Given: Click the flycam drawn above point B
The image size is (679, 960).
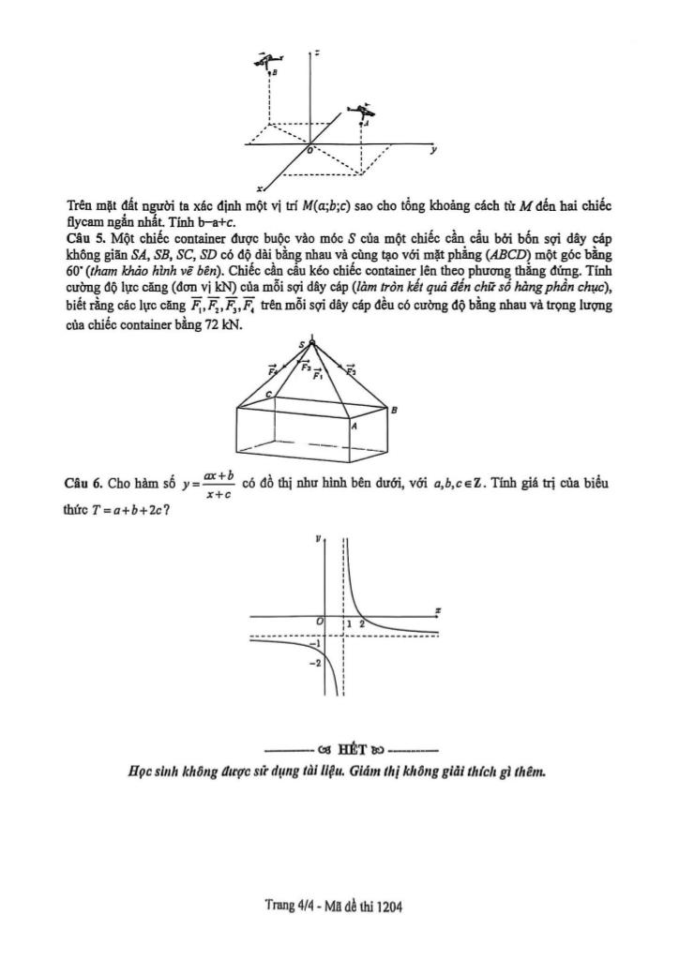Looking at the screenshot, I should click(x=270, y=59).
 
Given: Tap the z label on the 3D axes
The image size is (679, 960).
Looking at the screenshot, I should click(x=320, y=53).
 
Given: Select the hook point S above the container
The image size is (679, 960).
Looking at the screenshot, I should click(x=303, y=345).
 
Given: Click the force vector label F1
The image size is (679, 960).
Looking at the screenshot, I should click(x=319, y=375).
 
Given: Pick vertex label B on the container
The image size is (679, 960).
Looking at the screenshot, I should click(x=394, y=411).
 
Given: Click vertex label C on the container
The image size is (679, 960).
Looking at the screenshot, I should click(x=270, y=397).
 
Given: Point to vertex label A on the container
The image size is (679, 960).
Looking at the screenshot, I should click(x=354, y=425).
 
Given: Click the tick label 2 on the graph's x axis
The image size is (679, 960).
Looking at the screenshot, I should click(x=362, y=623).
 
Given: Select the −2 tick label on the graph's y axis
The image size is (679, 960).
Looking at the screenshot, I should click(x=315, y=663).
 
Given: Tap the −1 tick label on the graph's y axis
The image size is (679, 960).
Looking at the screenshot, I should click(x=315, y=643).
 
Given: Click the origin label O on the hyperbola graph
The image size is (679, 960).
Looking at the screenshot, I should click(x=320, y=622).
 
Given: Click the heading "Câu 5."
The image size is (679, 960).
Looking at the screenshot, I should click(x=84, y=238).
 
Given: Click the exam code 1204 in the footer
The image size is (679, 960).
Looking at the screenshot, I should click(x=388, y=907).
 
